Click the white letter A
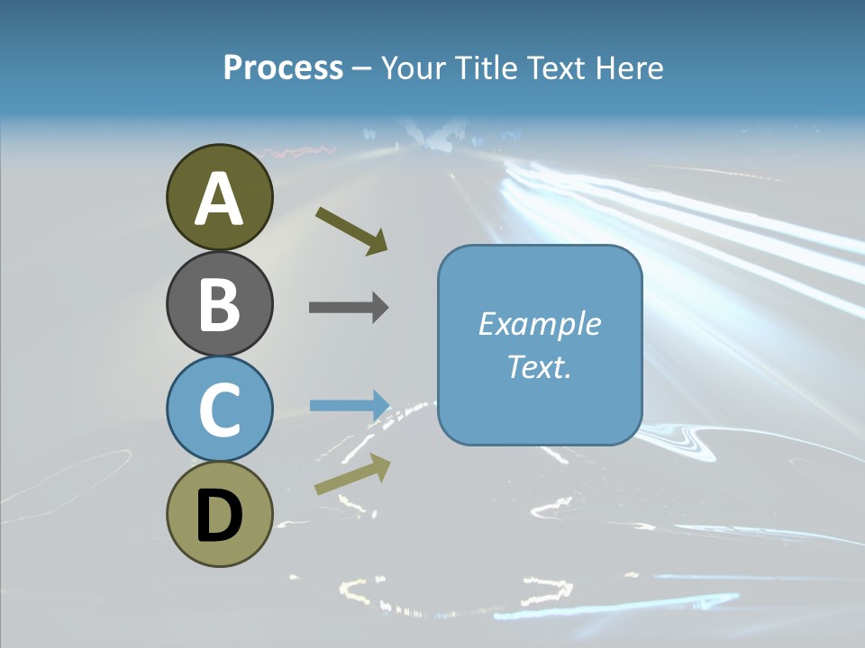(x=220, y=198)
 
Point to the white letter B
(x=220, y=303)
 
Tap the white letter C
(x=220, y=409)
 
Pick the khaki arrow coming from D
(x=352, y=473)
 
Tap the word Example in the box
(x=540, y=324)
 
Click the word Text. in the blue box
(x=540, y=366)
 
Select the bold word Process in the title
(x=283, y=67)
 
